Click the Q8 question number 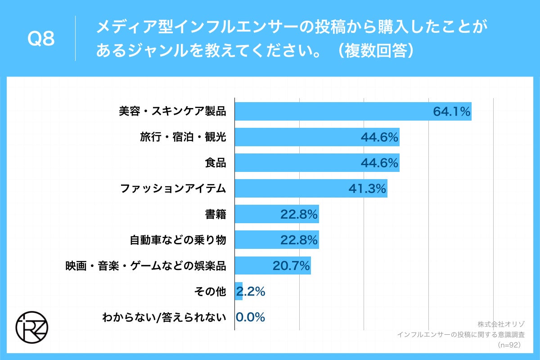pyautogui.click(x=41, y=40)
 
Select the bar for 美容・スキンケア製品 pyautogui.click(x=333, y=111)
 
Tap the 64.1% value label pyautogui.click(x=451, y=111)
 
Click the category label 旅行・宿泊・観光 pyautogui.click(x=183, y=137)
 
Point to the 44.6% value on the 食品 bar pyautogui.click(x=379, y=163)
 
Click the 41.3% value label pyautogui.click(x=367, y=189)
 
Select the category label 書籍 pyautogui.click(x=215, y=214)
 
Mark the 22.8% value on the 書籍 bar pyautogui.click(x=299, y=214)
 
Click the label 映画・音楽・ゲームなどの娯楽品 pyautogui.click(x=146, y=266)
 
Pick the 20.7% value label pyautogui.click(x=291, y=266)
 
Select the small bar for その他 pyautogui.click(x=239, y=292)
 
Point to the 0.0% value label pyautogui.click(x=250, y=317)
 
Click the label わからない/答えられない pyautogui.click(x=164, y=317)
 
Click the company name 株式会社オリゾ pyautogui.click(x=501, y=324)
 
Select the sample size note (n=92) pyautogui.click(x=508, y=345)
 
